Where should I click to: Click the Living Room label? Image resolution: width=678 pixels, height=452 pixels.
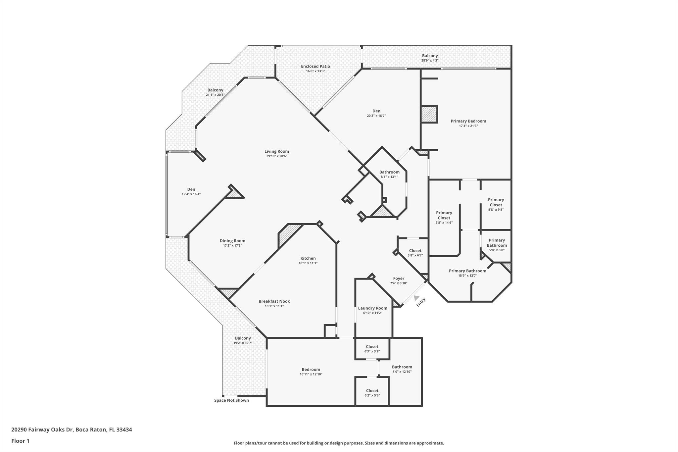(276, 151)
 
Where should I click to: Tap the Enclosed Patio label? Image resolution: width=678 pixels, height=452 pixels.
(315, 66)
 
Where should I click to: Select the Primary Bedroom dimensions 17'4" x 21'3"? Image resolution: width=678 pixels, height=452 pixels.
(468, 126)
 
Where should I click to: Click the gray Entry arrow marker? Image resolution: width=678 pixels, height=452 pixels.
(416, 298)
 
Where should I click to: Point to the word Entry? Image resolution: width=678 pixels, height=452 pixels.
(421, 302)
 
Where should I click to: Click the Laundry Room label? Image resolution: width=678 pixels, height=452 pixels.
(372, 308)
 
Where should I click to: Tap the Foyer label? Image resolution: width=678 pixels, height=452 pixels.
(399, 278)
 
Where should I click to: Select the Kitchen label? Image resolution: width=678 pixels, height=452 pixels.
(308, 258)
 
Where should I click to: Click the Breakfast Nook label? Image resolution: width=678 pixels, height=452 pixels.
(274, 301)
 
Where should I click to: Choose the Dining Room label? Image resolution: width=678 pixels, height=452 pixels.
(232, 241)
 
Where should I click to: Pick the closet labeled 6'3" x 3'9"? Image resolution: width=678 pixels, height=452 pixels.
(372, 349)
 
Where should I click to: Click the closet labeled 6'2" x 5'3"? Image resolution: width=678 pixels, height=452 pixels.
(372, 393)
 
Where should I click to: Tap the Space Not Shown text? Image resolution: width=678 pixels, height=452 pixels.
(231, 400)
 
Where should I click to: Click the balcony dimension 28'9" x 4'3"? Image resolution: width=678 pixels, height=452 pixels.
(430, 61)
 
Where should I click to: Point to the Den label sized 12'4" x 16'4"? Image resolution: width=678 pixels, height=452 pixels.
(191, 191)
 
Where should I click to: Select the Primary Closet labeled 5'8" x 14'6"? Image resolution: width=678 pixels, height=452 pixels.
(444, 217)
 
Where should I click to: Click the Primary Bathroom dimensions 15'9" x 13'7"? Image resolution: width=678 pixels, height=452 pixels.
(467, 276)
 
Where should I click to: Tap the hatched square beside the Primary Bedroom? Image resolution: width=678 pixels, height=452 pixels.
(429, 114)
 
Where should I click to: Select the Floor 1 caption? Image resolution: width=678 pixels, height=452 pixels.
(20, 441)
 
